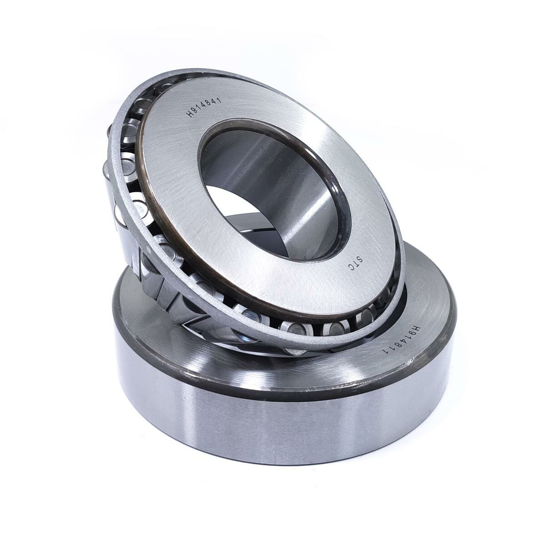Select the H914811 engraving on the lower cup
[x=401, y=343]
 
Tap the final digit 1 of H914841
[x=219, y=99]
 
